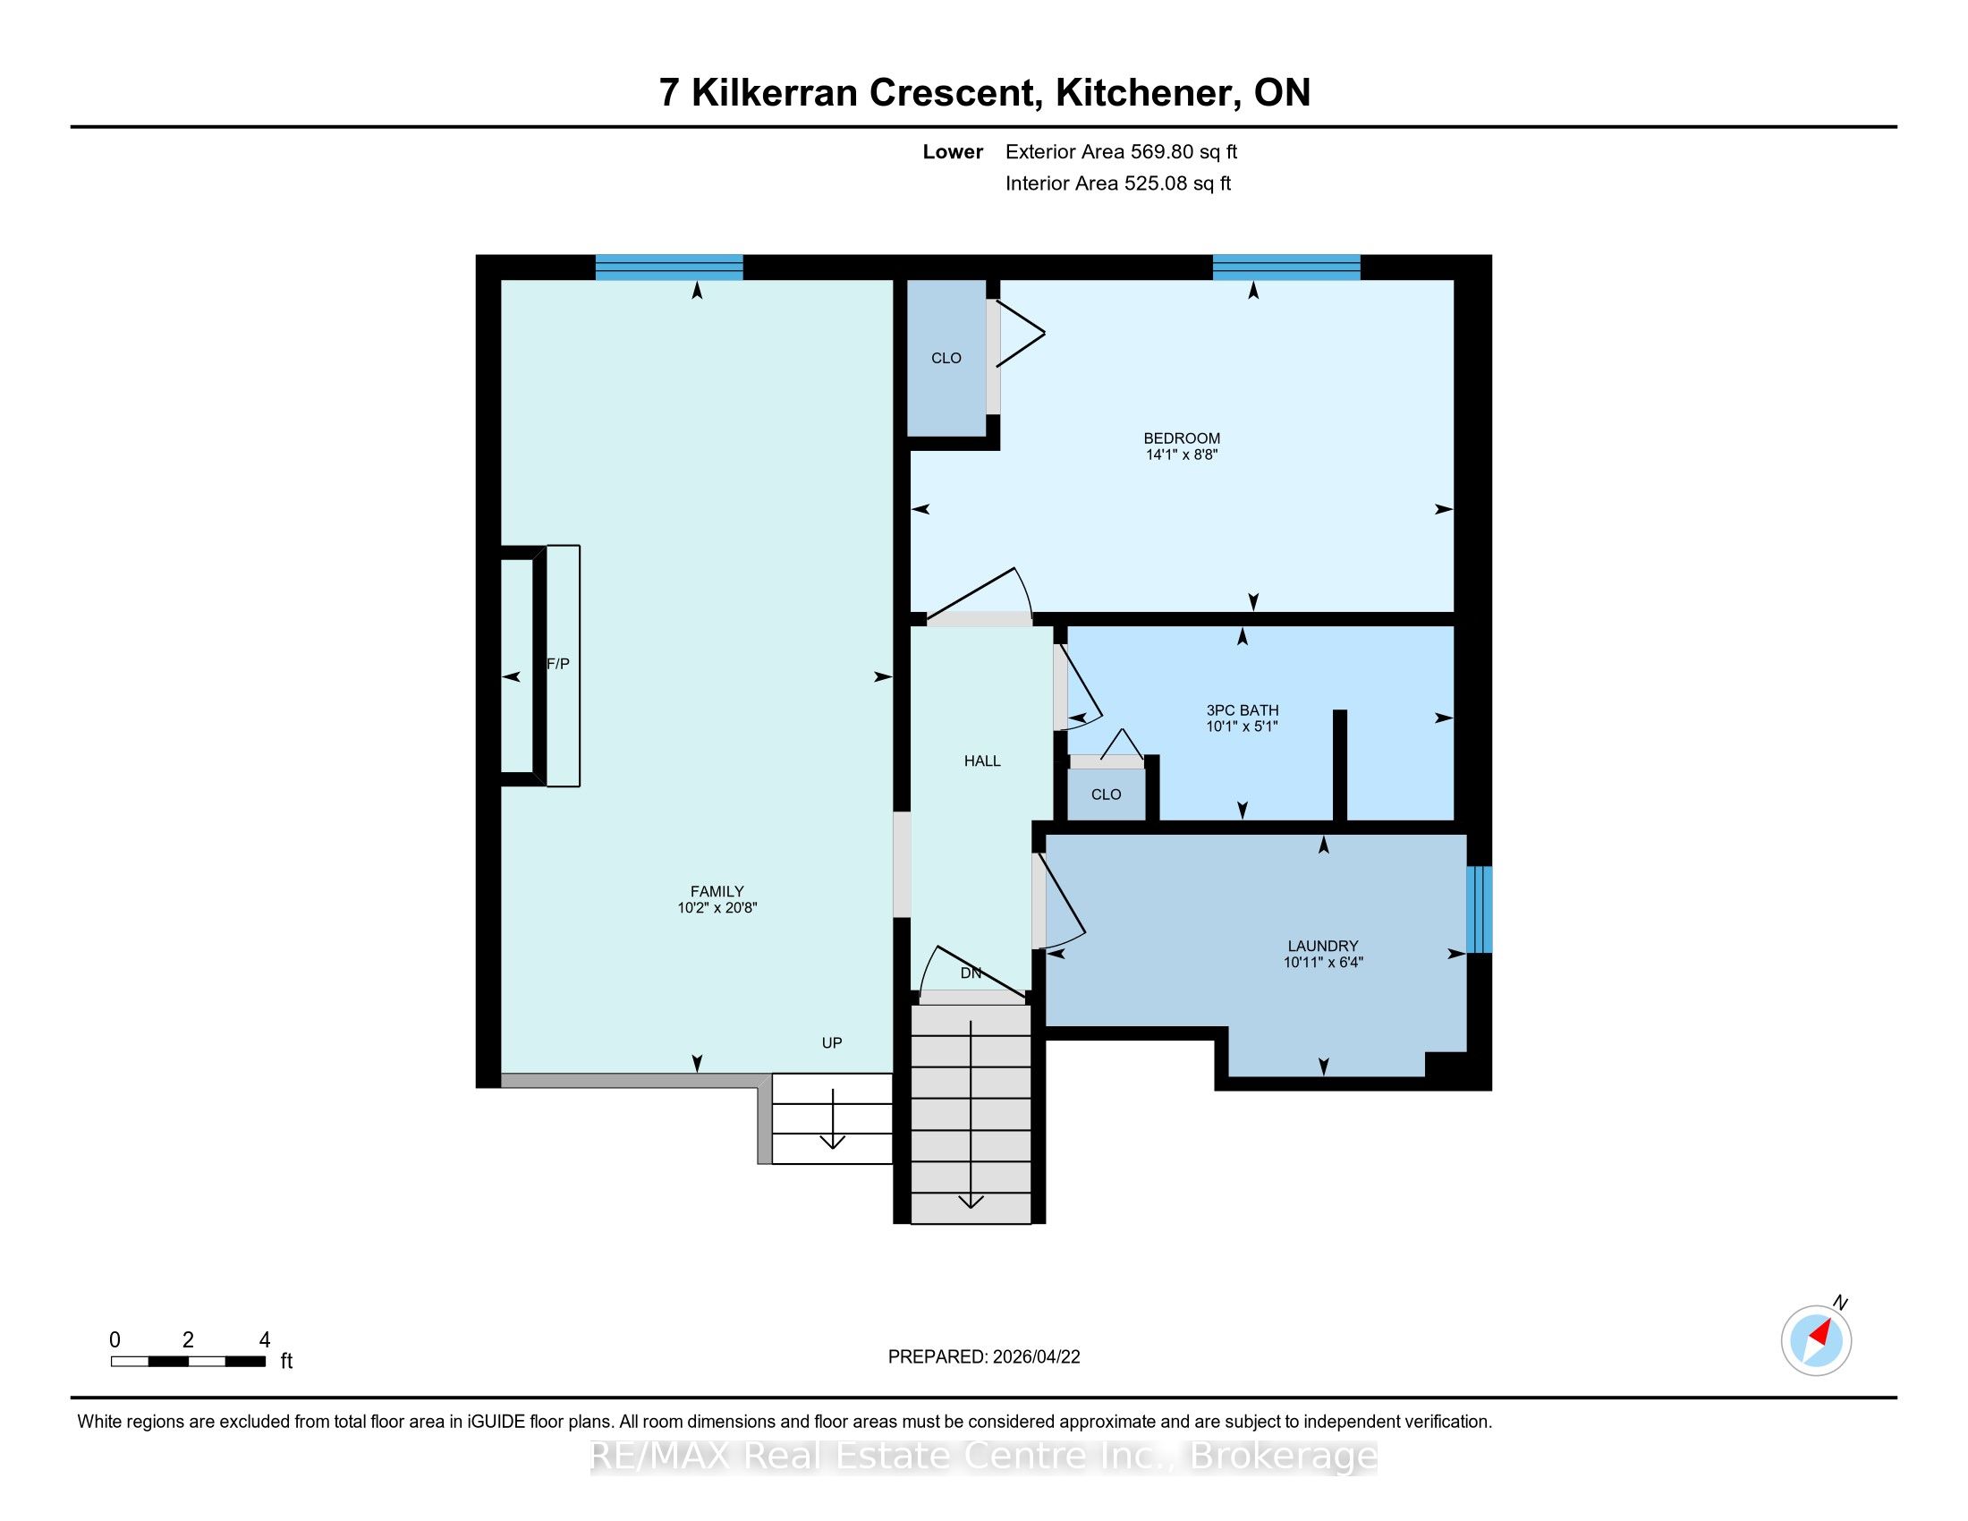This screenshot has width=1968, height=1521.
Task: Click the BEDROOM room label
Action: tap(1182, 438)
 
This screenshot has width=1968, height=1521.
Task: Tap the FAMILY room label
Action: tap(717, 891)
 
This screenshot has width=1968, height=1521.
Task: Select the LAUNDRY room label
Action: tap(1323, 945)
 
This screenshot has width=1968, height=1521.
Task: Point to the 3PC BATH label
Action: tap(1243, 710)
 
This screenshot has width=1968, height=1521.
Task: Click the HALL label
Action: tap(982, 760)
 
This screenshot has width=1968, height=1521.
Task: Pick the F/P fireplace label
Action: tap(559, 664)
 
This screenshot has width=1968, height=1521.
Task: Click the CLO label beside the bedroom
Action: tap(946, 358)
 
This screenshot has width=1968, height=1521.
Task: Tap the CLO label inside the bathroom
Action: tap(1106, 794)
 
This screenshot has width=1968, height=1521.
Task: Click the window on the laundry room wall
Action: tap(1479, 909)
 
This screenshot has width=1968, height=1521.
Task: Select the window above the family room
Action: tap(668, 268)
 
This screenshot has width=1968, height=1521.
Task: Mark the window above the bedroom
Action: tap(1285, 268)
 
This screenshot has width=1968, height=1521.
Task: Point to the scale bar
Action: tap(189, 1362)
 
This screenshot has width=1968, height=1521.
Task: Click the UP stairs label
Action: tap(832, 1042)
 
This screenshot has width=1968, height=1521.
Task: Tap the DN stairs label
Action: tap(971, 973)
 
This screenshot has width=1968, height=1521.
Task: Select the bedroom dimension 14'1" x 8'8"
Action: tap(1182, 455)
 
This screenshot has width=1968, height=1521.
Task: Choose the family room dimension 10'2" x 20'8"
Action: tap(717, 908)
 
